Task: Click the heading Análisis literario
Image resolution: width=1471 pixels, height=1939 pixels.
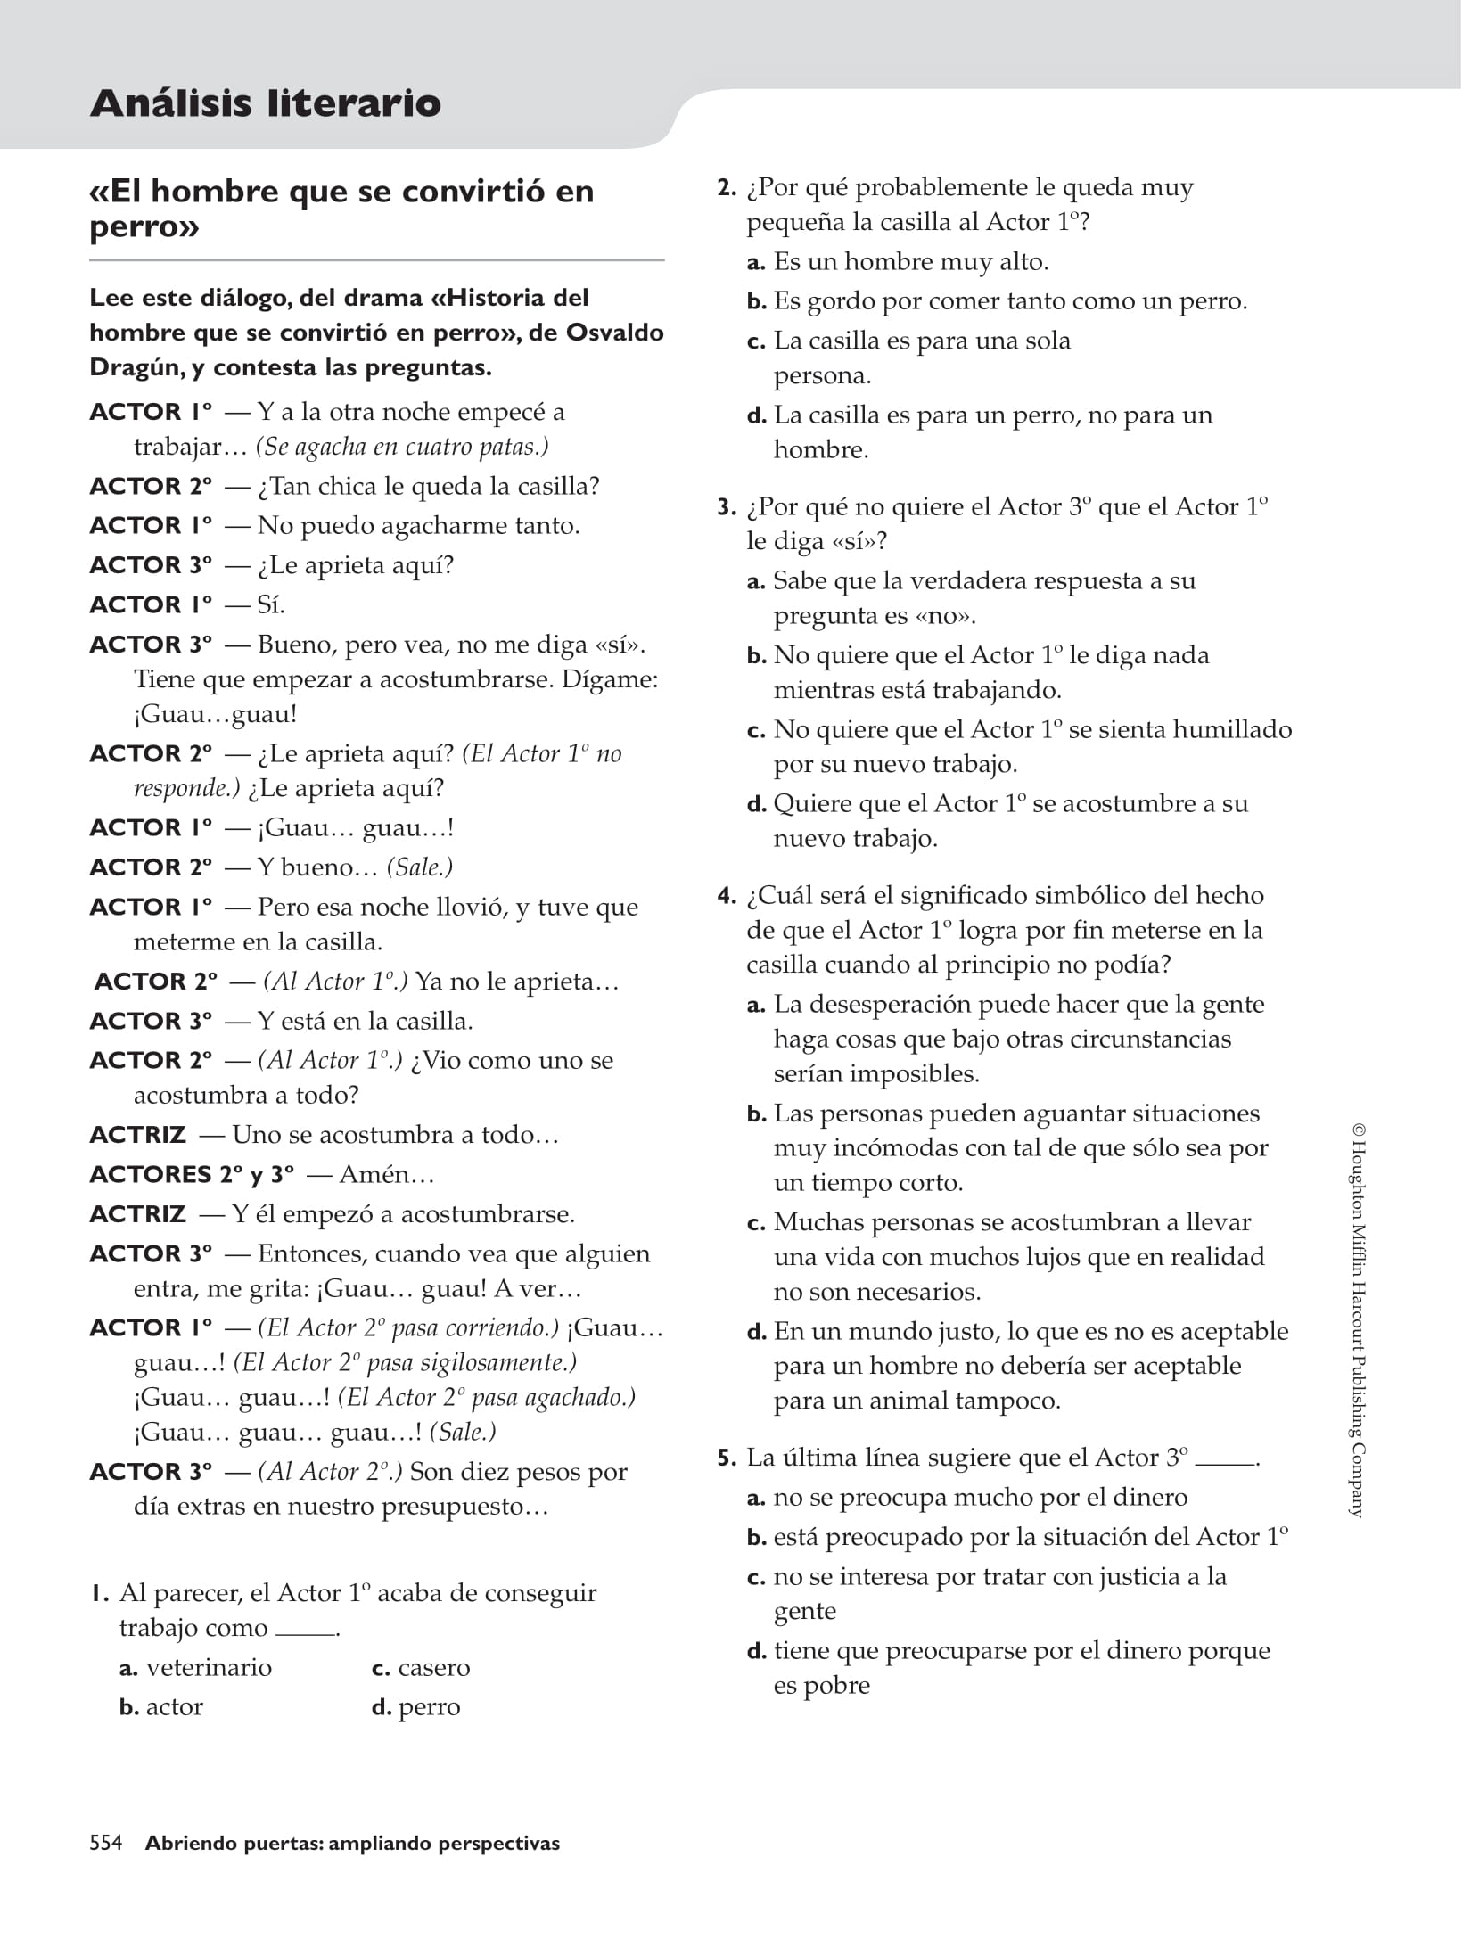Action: (265, 103)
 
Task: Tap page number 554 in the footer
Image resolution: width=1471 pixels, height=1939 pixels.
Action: (106, 1843)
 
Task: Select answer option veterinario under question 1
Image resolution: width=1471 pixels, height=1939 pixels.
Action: (209, 1667)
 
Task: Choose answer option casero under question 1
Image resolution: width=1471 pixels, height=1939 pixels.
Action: (433, 1667)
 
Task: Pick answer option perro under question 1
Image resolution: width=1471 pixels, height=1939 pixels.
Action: (429, 1706)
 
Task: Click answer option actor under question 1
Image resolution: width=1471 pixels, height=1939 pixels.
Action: (174, 1706)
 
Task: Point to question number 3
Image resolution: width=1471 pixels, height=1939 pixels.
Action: (727, 507)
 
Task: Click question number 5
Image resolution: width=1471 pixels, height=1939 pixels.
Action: (727, 1458)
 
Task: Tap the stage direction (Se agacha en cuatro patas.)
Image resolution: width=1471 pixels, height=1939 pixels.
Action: (402, 447)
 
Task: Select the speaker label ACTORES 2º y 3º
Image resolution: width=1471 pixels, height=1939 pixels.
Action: (192, 1174)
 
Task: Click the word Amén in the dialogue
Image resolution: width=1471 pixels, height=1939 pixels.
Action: (380, 1174)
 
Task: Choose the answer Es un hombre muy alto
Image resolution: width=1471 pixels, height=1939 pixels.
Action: (910, 261)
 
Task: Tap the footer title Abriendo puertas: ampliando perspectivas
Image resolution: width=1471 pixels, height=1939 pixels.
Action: (352, 1843)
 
